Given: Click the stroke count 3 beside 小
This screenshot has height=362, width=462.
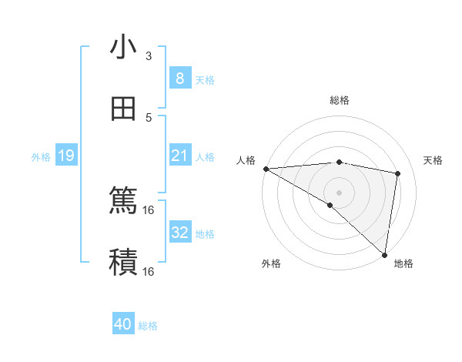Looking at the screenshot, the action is pyautogui.click(x=149, y=56).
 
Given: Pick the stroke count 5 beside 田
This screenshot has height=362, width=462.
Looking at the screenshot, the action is pyautogui.click(x=149, y=117).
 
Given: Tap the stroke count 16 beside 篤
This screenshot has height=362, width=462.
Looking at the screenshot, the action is pyautogui.click(x=149, y=209).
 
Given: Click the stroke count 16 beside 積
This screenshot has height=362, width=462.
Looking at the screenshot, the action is pyautogui.click(x=149, y=271).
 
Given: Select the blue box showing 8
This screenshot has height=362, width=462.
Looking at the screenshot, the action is pyautogui.click(x=179, y=78).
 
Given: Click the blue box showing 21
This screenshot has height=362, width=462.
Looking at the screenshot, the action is pyautogui.click(x=179, y=156).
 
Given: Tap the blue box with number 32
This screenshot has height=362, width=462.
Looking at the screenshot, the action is pyautogui.click(x=179, y=232).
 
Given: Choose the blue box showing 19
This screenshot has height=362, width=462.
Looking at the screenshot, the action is pyautogui.click(x=65, y=156).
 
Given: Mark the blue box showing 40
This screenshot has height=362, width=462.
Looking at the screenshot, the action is pyautogui.click(x=123, y=324).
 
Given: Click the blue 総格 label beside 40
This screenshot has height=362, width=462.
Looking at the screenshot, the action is pyautogui.click(x=148, y=326).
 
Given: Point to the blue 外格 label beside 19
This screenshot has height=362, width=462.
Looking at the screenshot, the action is pyautogui.click(x=41, y=157).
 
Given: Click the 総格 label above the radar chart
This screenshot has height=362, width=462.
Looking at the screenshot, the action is pyautogui.click(x=339, y=100).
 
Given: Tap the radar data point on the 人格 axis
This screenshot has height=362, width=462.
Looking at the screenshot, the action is pyautogui.click(x=266, y=169).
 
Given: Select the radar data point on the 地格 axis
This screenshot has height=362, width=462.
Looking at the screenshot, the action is pyautogui.click(x=384, y=254).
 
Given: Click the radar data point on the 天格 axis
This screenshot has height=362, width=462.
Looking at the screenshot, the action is pyautogui.click(x=398, y=173).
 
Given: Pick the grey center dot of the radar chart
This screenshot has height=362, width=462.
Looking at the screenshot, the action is pyautogui.click(x=339, y=192).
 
